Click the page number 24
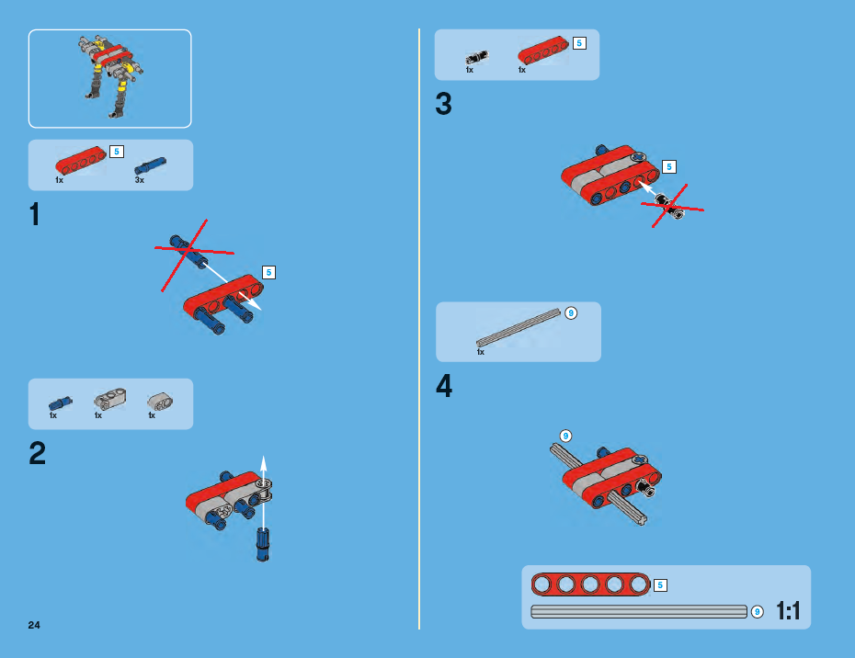[34, 625]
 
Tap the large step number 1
[35, 214]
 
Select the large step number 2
[37, 453]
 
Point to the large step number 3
[443, 104]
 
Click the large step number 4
[444, 386]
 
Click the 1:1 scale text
[789, 610]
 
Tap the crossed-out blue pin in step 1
[188, 251]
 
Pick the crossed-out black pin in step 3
[670, 206]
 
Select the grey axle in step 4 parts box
[518, 327]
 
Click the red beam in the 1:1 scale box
[590, 584]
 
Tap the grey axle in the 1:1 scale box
[639, 612]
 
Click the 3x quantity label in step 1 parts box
[140, 180]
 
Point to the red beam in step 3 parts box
[543, 51]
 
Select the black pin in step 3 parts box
[477, 57]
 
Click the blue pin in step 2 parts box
[60, 403]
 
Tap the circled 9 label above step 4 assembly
[565, 437]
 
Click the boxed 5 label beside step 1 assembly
[268, 273]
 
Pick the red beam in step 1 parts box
[81, 160]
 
